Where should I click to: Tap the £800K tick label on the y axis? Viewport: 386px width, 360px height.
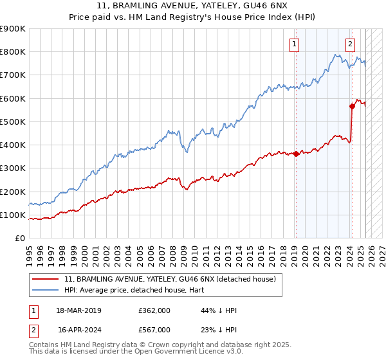[x=13, y=52]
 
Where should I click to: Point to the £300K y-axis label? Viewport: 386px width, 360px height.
[x=13, y=168]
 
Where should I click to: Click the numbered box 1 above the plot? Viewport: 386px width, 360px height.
[x=295, y=44]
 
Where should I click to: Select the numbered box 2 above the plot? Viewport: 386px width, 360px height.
[x=350, y=44]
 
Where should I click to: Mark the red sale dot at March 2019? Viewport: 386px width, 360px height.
[x=296, y=154]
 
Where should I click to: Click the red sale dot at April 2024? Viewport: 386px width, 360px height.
[x=352, y=106]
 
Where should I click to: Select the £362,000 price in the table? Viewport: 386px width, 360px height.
[x=154, y=310]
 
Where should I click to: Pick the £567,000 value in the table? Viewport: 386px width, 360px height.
[x=154, y=329]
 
